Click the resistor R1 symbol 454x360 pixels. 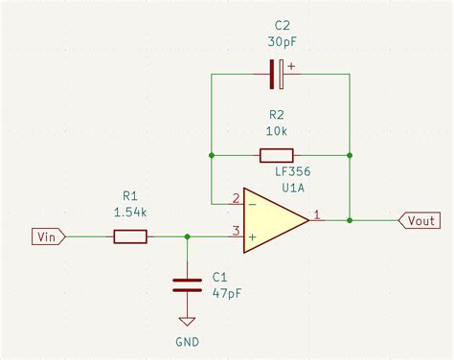pyautogui.click(x=130, y=236)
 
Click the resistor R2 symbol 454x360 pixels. pyautogui.click(x=276, y=155)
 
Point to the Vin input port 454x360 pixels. pyautogui.click(x=49, y=236)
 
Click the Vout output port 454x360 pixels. pyautogui.click(x=420, y=220)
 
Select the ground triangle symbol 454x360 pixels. pyautogui.click(x=187, y=322)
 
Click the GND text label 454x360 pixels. pyautogui.click(x=187, y=342)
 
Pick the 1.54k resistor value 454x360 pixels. pyautogui.click(x=130, y=212)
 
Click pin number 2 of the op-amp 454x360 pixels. pyautogui.click(x=236, y=198)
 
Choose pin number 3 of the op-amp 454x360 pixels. pyautogui.click(x=236, y=230)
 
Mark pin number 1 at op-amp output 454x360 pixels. pyautogui.click(x=317, y=214)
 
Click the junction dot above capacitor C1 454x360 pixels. pyautogui.click(x=187, y=236)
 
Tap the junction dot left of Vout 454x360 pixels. pyautogui.click(x=350, y=220)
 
